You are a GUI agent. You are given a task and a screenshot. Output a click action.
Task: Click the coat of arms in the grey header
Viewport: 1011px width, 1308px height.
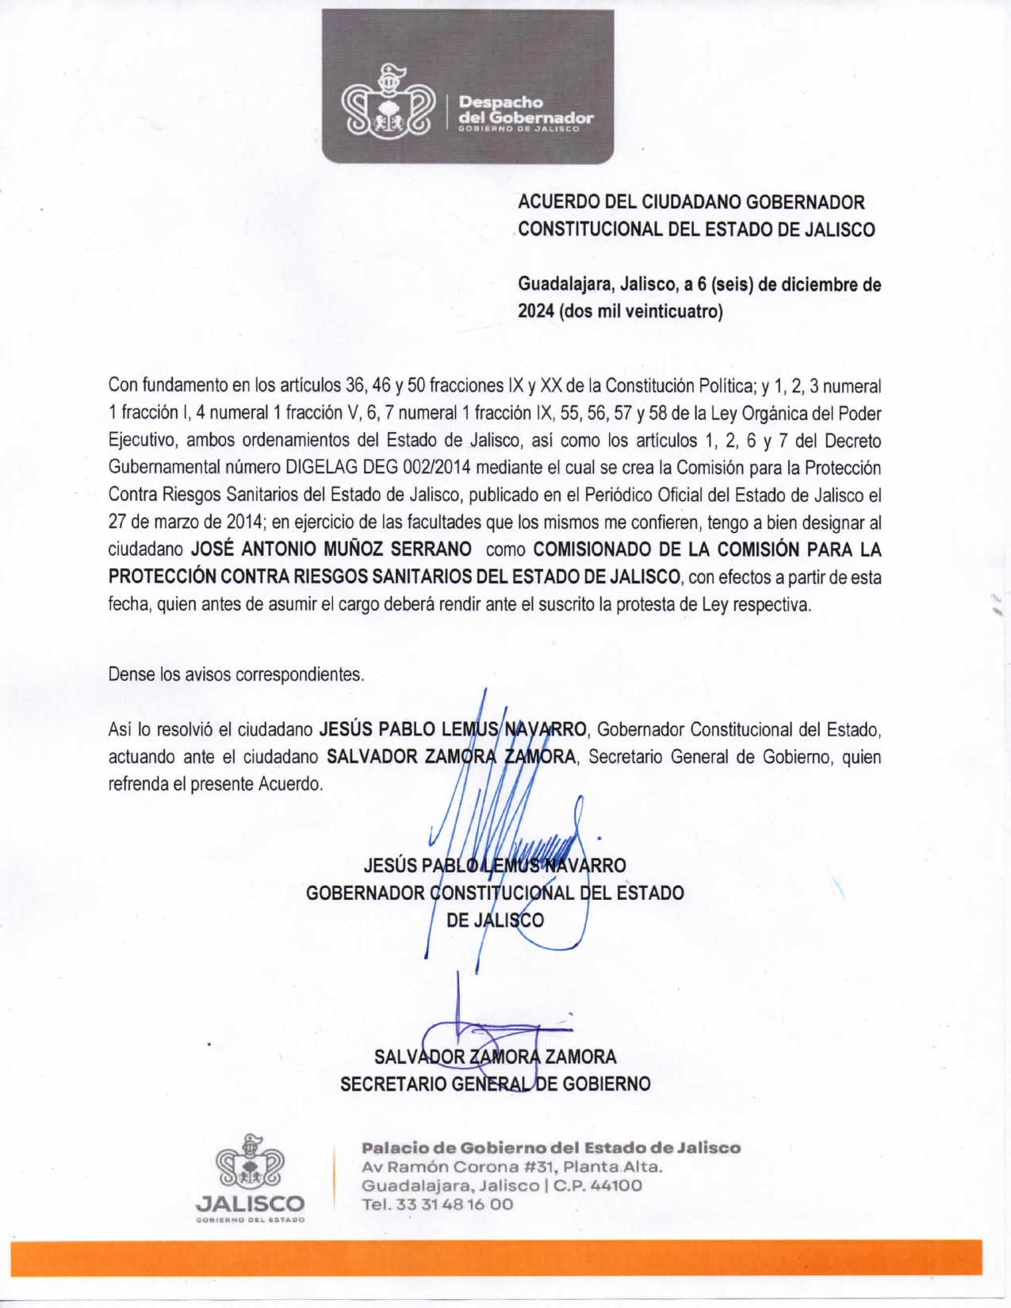[x=388, y=104]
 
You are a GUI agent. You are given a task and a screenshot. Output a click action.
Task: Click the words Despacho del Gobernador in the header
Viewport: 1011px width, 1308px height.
[x=526, y=111]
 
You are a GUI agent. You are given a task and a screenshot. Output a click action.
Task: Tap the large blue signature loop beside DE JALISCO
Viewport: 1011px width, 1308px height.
[x=565, y=912]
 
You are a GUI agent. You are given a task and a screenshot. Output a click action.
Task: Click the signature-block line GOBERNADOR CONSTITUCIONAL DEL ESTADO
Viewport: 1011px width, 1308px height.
[x=495, y=893]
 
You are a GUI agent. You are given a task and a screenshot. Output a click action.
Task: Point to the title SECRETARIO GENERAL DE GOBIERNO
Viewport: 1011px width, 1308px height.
[x=495, y=1084]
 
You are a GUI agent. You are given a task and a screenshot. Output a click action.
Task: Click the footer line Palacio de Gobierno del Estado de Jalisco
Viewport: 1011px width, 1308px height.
[x=551, y=1148]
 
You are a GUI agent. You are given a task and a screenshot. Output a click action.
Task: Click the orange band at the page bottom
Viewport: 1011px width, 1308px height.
[x=496, y=1258]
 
